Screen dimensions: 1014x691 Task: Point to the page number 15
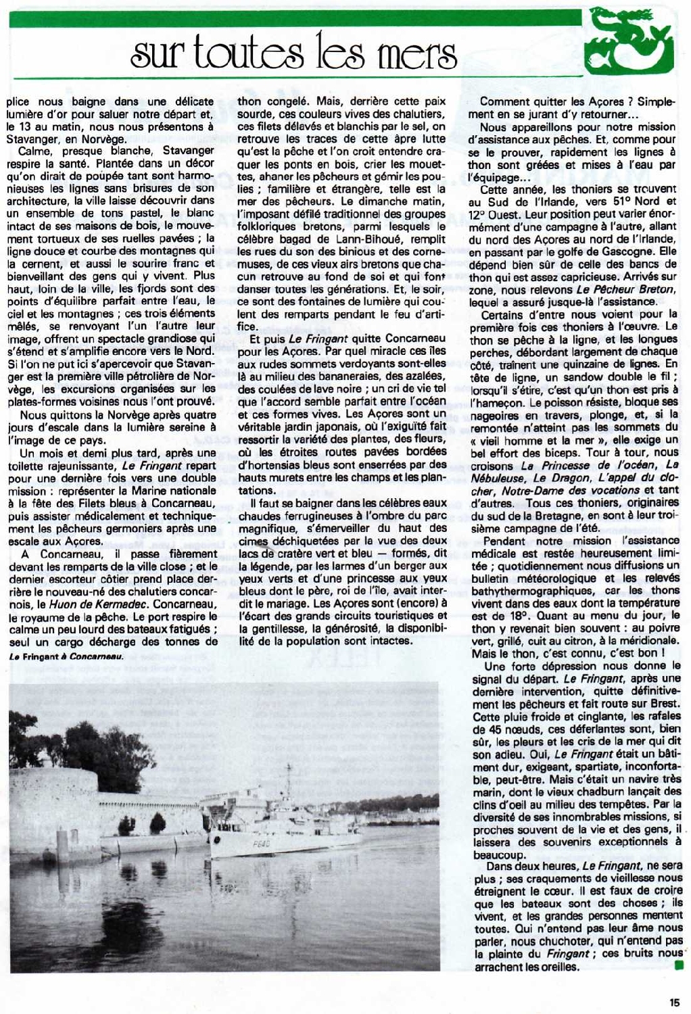pos(675,1003)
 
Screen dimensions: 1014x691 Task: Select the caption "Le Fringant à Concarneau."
pos(66,656)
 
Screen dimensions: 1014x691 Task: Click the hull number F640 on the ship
pos(261,844)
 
